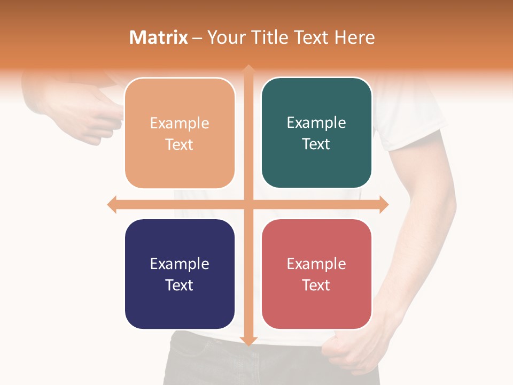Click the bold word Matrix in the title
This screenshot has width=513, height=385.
click(x=159, y=37)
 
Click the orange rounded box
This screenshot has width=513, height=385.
click(x=180, y=133)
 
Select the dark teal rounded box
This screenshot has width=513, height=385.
click(x=316, y=133)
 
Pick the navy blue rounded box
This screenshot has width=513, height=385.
click(x=180, y=274)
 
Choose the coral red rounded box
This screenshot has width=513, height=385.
click(x=316, y=274)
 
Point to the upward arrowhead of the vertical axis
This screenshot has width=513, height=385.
click(x=248, y=70)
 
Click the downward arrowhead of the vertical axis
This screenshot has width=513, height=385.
click(x=248, y=340)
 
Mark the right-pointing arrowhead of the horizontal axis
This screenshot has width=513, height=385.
click(x=383, y=204)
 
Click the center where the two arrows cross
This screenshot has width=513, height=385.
click(x=248, y=204)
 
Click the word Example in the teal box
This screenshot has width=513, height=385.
click(x=316, y=123)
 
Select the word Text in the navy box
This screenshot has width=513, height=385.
click(x=179, y=285)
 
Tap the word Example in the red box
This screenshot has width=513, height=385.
click(x=316, y=264)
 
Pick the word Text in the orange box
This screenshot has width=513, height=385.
click(x=179, y=144)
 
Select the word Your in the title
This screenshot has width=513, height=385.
click(x=223, y=37)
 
